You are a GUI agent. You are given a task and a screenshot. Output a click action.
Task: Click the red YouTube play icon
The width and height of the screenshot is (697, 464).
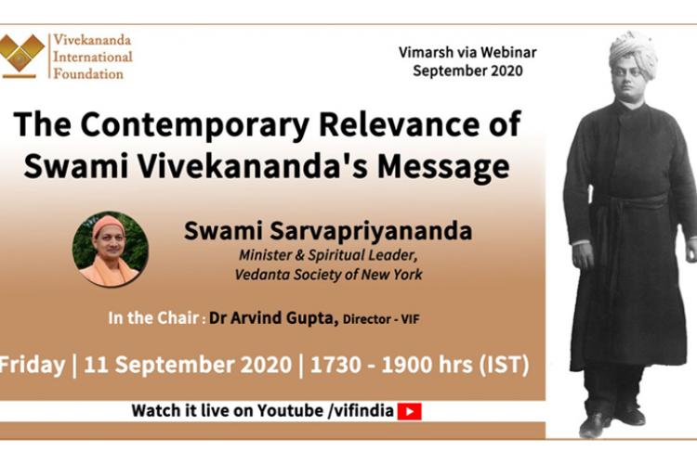click(x=409, y=412)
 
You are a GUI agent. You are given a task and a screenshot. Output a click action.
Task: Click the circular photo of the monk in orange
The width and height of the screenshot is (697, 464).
click(x=111, y=249)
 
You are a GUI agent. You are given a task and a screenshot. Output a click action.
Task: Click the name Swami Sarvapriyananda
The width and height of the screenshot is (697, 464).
click(x=328, y=231)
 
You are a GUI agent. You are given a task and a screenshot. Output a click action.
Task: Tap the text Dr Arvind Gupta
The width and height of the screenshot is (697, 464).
click(x=274, y=318)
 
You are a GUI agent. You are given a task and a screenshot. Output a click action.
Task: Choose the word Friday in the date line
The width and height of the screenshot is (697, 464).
click(x=32, y=366)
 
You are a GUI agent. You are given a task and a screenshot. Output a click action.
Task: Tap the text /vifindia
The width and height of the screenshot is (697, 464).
click(x=361, y=411)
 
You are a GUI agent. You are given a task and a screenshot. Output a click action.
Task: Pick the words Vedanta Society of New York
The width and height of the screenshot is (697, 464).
click(x=328, y=275)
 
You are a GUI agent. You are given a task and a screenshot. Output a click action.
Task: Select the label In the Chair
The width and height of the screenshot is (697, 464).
click(x=153, y=318)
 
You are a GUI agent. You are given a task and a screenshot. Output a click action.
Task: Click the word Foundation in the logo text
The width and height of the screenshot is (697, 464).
click(x=88, y=73)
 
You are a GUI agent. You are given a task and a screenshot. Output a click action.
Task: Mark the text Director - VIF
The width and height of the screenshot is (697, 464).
click(x=381, y=319)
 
